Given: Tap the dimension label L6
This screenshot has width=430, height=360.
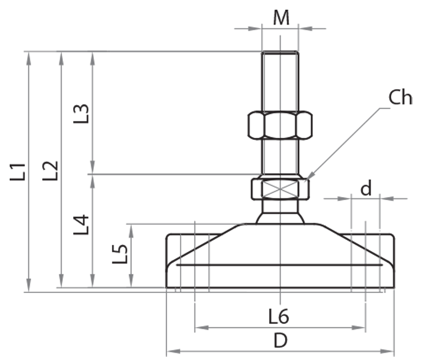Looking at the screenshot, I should (279, 317).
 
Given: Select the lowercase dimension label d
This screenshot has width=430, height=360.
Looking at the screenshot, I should (365, 189).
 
